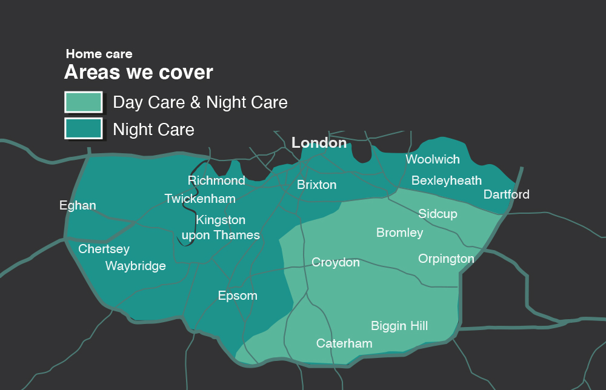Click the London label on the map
(x=319, y=143)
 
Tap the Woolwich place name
(x=433, y=159)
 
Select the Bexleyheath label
(x=447, y=180)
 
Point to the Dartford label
(x=506, y=194)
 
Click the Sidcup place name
(x=438, y=214)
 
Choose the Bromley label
(x=399, y=233)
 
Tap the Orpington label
(x=446, y=259)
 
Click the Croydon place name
(x=335, y=262)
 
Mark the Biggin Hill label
(x=399, y=326)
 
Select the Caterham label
(x=344, y=343)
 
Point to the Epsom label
(x=238, y=296)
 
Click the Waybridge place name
(x=135, y=266)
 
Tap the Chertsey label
(x=104, y=249)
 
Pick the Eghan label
(x=78, y=205)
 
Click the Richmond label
(x=216, y=180)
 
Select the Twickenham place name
(x=200, y=199)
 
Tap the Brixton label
(x=316, y=185)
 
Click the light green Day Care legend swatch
(x=83, y=102)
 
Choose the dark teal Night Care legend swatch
(x=83, y=128)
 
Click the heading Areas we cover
(x=139, y=73)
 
